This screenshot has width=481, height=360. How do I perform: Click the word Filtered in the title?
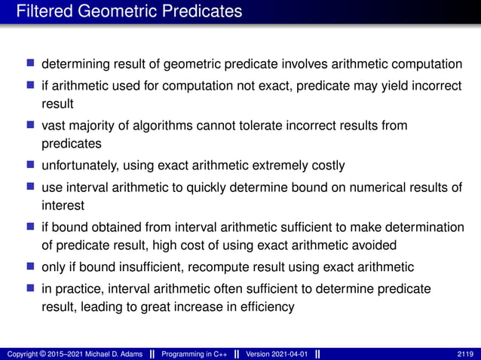[x=42, y=11]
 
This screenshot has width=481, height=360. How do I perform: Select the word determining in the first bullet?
[x=75, y=63]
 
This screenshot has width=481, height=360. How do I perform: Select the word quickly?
[x=204, y=188]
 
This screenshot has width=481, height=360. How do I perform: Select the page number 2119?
[x=465, y=353]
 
